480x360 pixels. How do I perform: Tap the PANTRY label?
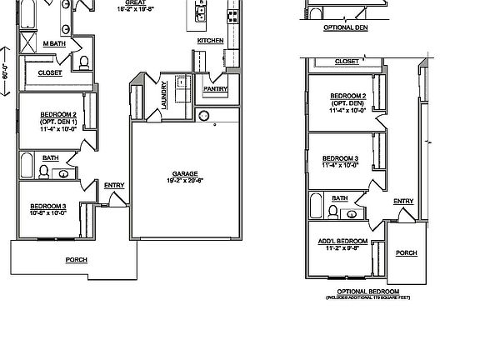[215, 87]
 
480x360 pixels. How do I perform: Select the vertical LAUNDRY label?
[163, 93]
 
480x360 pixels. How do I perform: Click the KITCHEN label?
[210, 40]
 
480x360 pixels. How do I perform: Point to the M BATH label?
[56, 42]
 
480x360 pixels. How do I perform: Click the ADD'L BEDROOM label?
[337, 239]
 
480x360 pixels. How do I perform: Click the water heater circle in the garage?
[207, 116]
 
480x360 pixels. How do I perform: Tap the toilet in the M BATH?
[84, 62]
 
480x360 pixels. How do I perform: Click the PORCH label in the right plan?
[406, 252]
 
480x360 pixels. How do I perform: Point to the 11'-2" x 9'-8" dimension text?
[337, 247]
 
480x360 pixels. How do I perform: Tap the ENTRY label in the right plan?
[402, 201]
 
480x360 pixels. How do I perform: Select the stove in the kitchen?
[231, 14]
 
